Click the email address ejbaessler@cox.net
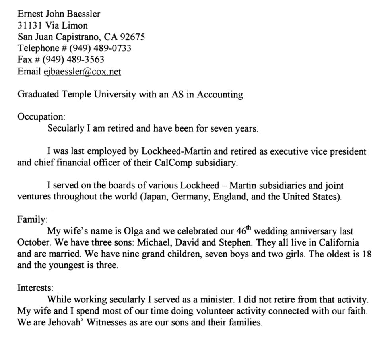coord(82,72)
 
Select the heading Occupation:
coord(41,117)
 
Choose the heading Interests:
coord(35,287)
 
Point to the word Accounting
coord(220,95)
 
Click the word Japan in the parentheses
coord(155,197)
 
